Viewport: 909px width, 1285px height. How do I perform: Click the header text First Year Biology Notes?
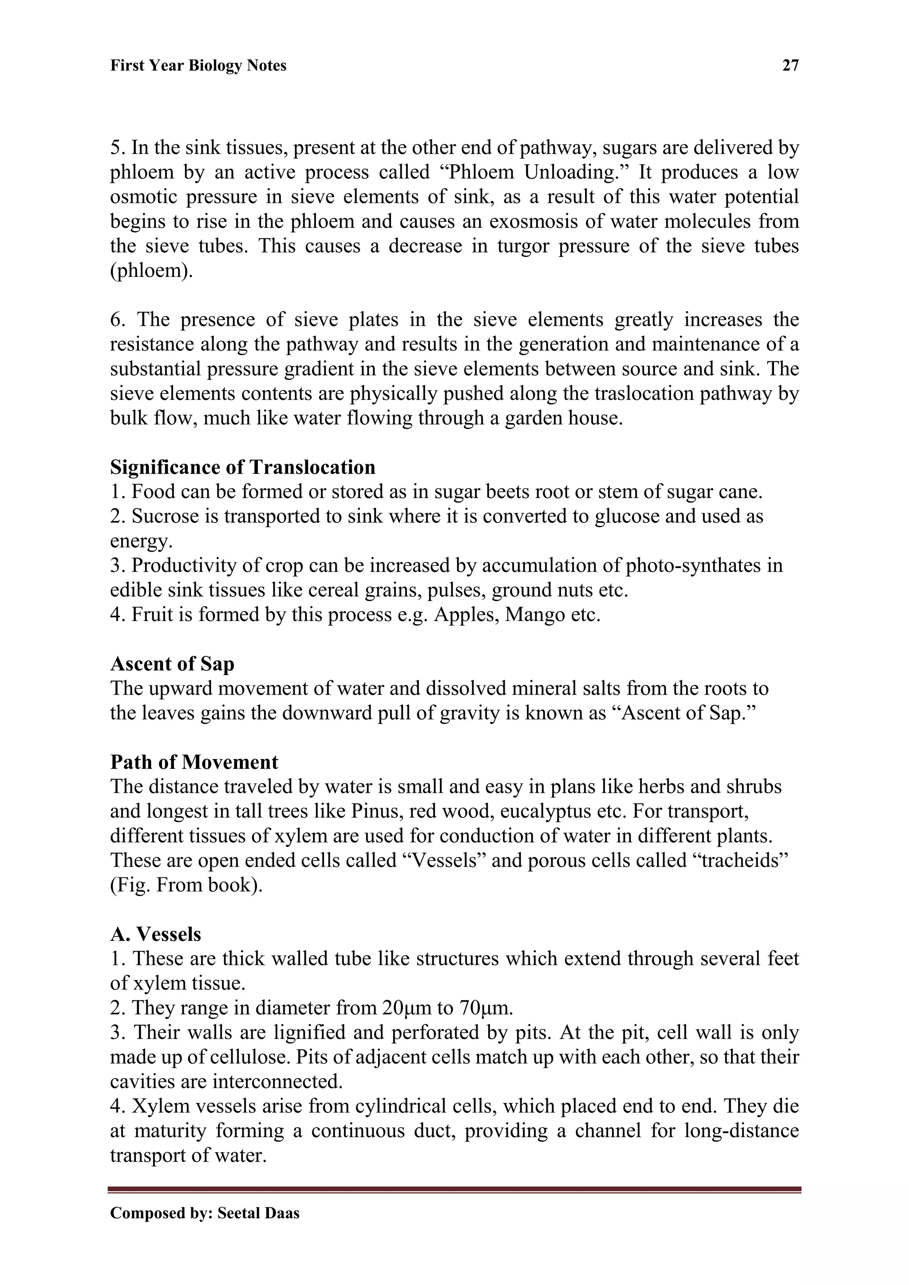coord(198,66)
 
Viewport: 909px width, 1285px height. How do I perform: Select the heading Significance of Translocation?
coord(242,467)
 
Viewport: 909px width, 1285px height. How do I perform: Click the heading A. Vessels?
coord(156,935)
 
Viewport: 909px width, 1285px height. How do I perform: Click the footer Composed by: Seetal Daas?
coord(204,1214)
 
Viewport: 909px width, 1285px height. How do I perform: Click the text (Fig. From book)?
coord(186,886)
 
